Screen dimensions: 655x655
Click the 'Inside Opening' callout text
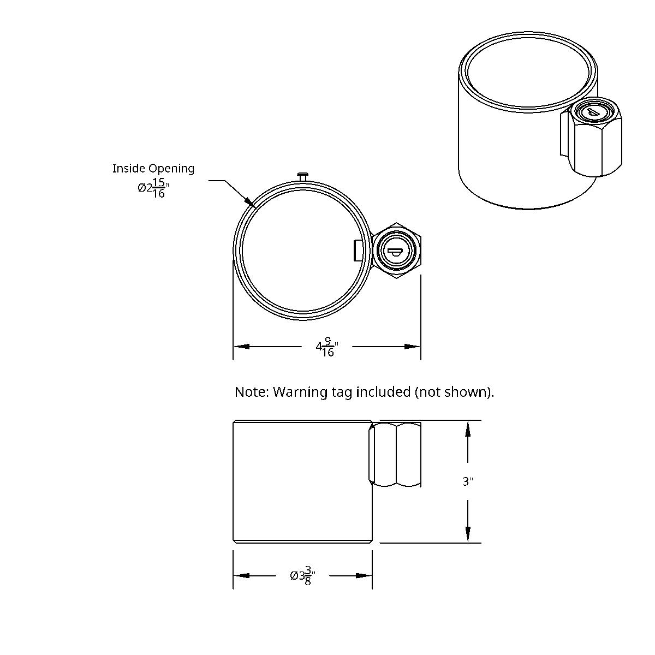point(153,169)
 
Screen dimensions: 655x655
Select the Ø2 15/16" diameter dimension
point(153,188)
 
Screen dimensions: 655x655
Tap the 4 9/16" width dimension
point(327,347)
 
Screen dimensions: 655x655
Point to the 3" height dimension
point(467,481)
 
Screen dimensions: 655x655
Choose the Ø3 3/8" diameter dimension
point(303,575)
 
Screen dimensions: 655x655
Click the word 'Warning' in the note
point(298,392)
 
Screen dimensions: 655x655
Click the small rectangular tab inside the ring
point(358,251)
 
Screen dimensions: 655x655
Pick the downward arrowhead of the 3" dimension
point(468,535)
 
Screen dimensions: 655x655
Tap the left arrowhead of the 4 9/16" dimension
point(241,347)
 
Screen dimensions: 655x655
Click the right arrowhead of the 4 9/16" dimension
point(413,347)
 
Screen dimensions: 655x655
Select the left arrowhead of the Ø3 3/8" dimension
point(241,575)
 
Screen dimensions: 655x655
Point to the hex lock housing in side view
point(395,454)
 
